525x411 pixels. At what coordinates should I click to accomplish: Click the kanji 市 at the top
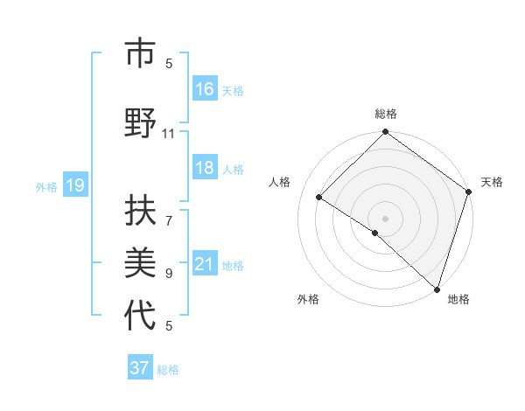point(140,54)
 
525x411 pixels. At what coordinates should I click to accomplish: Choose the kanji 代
point(140,317)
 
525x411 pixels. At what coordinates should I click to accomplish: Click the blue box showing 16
point(205,89)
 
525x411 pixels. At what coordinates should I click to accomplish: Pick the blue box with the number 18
point(205,168)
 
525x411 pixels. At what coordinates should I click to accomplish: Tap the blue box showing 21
point(205,264)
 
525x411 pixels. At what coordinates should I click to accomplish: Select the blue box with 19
point(74,185)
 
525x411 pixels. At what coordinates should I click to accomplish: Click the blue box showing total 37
point(140,368)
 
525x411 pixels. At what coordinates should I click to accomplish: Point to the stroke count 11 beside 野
point(169,133)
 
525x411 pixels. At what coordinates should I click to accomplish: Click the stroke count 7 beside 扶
point(169,212)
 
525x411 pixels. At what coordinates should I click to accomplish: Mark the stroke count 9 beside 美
point(169,273)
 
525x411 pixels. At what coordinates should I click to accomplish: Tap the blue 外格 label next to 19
point(46,186)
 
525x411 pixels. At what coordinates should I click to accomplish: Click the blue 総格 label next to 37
point(168,369)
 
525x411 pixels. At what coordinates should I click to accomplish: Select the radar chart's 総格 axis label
point(386,114)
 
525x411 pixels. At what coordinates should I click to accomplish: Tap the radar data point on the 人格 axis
point(319,198)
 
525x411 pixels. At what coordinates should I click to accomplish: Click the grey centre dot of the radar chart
point(385,218)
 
